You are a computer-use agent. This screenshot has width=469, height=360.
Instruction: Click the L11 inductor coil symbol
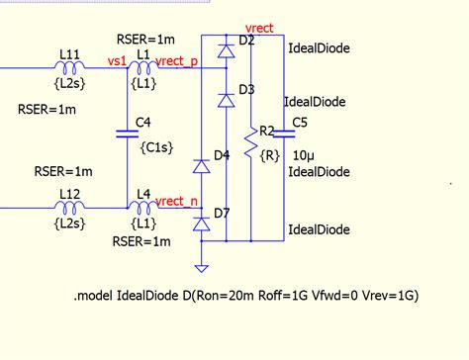click(69, 67)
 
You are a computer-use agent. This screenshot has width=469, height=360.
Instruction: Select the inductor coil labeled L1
click(142, 67)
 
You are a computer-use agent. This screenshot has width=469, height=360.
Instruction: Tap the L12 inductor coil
click(69, 208)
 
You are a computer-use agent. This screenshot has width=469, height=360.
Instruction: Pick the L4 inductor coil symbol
click(142, 208)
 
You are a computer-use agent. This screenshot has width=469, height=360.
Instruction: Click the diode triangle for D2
click(226, 50)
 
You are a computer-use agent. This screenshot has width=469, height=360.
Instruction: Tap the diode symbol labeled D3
click(226, 99)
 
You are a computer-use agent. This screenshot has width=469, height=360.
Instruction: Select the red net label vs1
click(117, 60)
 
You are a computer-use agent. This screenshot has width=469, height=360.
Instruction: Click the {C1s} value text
click(157, 147)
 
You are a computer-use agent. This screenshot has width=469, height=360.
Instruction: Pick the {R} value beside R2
click(268, 154)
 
